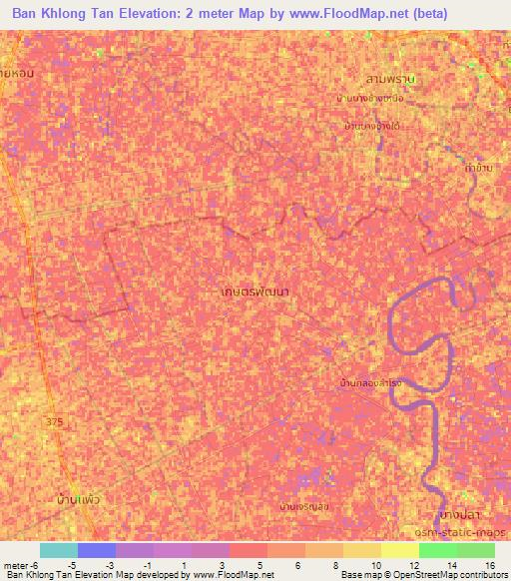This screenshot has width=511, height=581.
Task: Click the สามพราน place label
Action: (389, 77)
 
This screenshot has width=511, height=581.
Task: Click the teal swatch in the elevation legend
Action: (58, 550)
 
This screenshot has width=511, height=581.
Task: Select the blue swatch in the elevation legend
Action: (97, 550)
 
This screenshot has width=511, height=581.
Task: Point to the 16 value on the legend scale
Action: (490, 565)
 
